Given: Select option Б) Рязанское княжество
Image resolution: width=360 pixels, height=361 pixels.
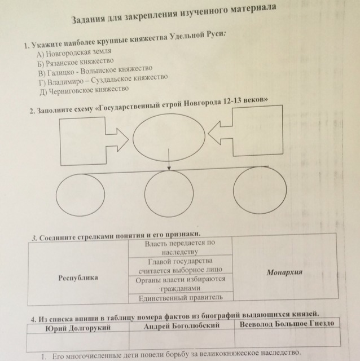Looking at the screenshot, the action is [x=76, y=62].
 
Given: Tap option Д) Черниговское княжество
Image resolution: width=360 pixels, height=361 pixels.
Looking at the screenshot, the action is [x=84, y=90].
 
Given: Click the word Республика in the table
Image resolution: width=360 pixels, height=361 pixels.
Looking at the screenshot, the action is [x=78, y=278].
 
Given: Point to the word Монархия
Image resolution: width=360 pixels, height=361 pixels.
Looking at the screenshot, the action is [x=284, y=272].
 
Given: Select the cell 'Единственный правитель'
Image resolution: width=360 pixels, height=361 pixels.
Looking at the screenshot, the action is [x=181, y=298].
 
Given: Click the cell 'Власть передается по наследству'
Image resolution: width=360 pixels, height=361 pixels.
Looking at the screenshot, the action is [x=180, y=247].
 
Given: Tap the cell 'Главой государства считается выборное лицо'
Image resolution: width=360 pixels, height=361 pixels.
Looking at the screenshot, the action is [x=181, y=266].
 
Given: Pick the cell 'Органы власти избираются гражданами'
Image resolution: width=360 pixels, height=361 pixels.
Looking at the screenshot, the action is [x=181, y=284].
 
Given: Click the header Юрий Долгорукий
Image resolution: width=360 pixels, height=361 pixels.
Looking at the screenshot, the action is [x=78, y=328].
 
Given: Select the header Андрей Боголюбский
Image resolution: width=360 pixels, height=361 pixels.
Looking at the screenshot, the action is [x=182, y=326].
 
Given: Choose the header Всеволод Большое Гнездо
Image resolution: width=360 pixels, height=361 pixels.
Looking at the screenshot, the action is [x=287, y=324].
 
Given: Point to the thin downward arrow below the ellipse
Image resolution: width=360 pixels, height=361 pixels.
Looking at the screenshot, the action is [x=169, y=160].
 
